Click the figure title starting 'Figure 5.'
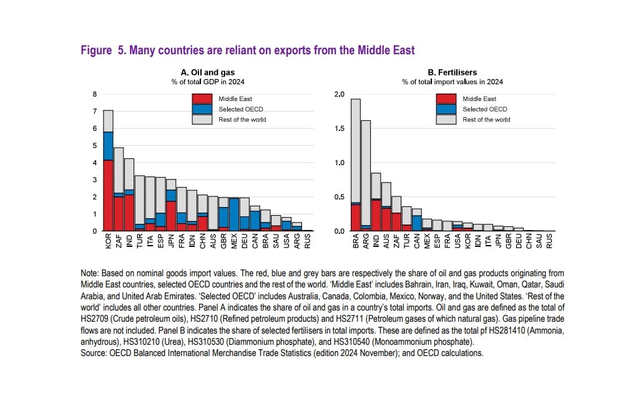point(248,51)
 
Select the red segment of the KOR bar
point(108,195)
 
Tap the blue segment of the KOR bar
point(108,146)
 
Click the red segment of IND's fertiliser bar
point(376,214)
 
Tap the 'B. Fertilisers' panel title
point(452,72)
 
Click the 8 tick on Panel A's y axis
point(95,95)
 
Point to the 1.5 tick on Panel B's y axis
point(339,128)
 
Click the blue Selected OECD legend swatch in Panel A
point(202,109)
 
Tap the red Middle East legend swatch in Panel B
point(446,99)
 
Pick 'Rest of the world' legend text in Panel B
point(486,120)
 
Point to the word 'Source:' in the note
point(94,353)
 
